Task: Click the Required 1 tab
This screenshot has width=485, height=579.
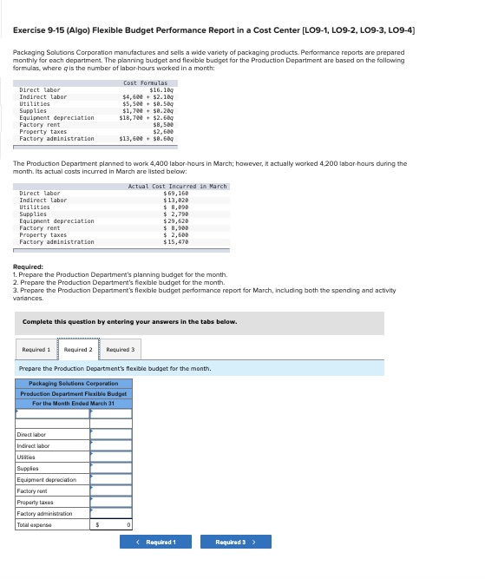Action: pyautogui.click(x=36, y=350)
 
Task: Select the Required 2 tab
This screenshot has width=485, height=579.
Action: pyautogui.click(x=78, y=350)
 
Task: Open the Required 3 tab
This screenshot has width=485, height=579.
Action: pyautogui.click(x=120, y=350)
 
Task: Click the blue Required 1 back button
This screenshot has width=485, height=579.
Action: pyautogui.click(x=156, y=542)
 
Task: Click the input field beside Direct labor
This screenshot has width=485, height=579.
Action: pyautogui.click(x=112, y=435)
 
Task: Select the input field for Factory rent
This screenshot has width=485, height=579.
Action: pyautogui.click(x=112, y=491)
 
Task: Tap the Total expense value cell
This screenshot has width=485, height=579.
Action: pyautogui.click(x=112, y=524)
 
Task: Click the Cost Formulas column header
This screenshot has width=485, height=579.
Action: pyautogui.click(x=145, y=82)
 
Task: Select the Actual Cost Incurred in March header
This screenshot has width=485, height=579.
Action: pyautogui.click(x=177, y=187)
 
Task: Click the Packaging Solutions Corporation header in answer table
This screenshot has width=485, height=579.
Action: pyautogui.click(x=74, y=384)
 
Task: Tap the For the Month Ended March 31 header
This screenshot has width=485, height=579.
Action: pyautogui.click(x=74, y=403)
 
